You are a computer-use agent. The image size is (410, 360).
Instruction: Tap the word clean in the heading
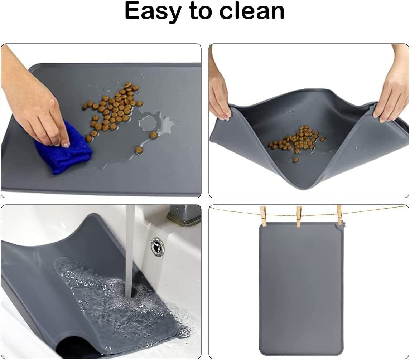coord(252,12)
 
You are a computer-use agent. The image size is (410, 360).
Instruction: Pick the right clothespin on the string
coord(339,215)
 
